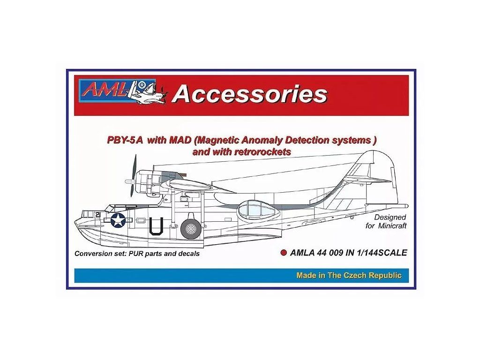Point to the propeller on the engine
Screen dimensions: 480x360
133,177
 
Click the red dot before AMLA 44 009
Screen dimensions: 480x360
283,253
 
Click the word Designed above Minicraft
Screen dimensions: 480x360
390,217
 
